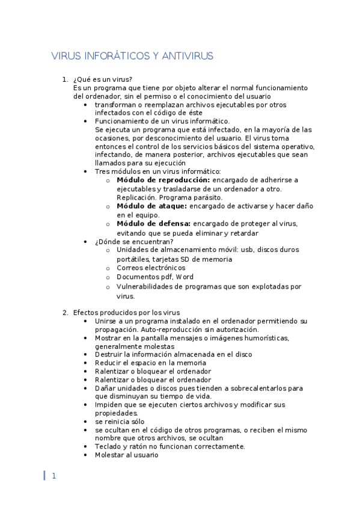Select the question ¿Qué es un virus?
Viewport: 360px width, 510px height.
[102, 79]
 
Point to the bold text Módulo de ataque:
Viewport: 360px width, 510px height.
[151, 206]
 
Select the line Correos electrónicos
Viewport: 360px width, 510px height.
[151, 268]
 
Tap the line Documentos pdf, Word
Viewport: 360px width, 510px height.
[154, 277]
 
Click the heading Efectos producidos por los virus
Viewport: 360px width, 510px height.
[126, 312]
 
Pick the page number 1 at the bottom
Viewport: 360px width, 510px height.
[53, 476]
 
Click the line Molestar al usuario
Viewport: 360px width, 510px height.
[126, 455]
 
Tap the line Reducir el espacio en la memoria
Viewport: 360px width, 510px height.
[150, 363]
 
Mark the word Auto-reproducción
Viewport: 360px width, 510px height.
[168, 330]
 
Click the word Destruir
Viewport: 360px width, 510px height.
[108, 354]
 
